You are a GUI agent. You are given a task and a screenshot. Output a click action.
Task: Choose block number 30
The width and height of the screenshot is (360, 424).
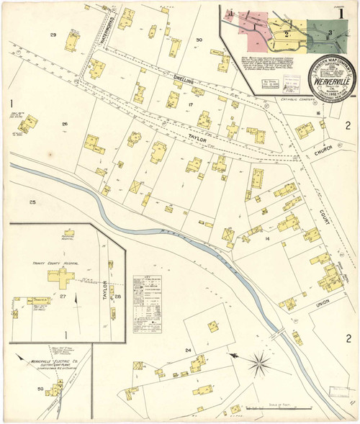(199, 40)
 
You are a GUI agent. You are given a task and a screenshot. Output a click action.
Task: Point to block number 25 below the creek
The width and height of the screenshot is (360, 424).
(32, 202)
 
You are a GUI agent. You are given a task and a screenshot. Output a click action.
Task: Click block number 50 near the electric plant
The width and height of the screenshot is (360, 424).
(40, 390)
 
